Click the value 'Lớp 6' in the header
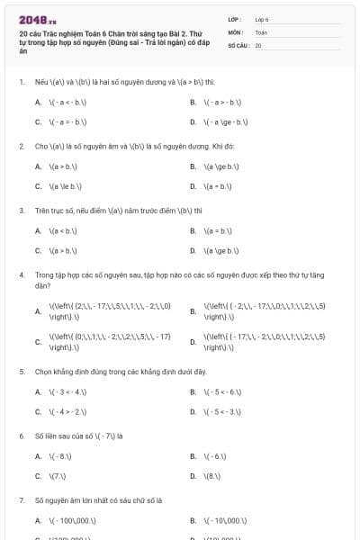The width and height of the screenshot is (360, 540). pos(262,19)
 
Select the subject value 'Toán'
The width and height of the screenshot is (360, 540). pos(261,31)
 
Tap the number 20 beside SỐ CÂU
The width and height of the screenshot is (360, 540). pos(258,44)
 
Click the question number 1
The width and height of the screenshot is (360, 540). pos(21,82)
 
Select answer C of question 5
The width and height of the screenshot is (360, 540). pos(63,411)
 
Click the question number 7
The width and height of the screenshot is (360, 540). pos(21,499)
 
